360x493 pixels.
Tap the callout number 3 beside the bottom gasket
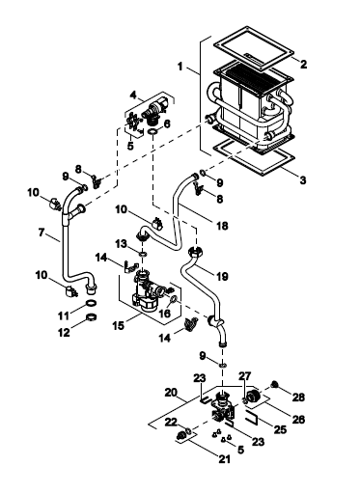(x=303, y=180)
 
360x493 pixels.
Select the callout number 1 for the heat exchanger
(x=180, y=67)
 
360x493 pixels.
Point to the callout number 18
(x=222, y=226)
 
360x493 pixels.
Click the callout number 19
(x=222, y=276)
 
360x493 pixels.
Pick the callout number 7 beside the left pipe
(x=41, y=233)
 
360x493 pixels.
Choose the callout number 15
(x=118, y=325)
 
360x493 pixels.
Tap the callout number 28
(x=298, y=397)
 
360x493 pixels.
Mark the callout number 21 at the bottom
(x=224, y=459)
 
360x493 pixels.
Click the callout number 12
(x=64, y=332)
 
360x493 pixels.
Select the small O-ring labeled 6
(x=152, y=131)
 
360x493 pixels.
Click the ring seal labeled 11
(x=92, y=303)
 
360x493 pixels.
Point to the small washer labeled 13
(x=143, y=254)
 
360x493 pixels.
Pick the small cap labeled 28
(x=274, y=384)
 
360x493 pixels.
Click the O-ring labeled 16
(x=173, y=299)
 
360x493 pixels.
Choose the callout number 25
(x=279, y=429)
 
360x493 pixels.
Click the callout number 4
(x=133, y=96)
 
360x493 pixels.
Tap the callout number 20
(x=171, y=393)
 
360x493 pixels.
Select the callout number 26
(x=298, y=419)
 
